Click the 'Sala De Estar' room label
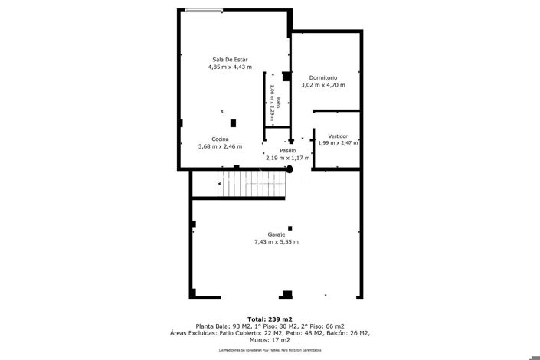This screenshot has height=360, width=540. tap(230, 60)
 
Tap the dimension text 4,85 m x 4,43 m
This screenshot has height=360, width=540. tap(230, 67)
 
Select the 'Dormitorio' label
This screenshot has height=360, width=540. tap(323, 77)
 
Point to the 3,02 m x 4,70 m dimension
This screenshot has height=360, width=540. tap(323, 85)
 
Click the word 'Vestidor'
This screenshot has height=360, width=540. tap(338, 136)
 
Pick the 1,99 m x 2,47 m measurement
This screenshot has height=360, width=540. tap(338, 142)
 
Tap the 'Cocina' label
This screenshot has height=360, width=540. tap(221, 139)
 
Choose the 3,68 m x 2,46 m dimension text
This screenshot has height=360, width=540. tap(221, 146)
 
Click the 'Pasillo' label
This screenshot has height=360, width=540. tap(287, 150)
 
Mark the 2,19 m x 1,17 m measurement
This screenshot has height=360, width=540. tap(287, 158)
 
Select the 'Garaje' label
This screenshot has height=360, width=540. tap(277, 234)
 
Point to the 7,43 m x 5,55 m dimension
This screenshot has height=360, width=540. tap(277, 242)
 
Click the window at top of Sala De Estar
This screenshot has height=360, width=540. tap(205, 10)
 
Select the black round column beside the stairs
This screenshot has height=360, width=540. tap(290, 169)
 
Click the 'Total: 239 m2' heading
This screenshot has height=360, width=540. tap(270, 319)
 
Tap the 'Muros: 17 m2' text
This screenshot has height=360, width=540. tap(270, 340)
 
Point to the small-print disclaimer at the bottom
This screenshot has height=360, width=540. tap(270, 350)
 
